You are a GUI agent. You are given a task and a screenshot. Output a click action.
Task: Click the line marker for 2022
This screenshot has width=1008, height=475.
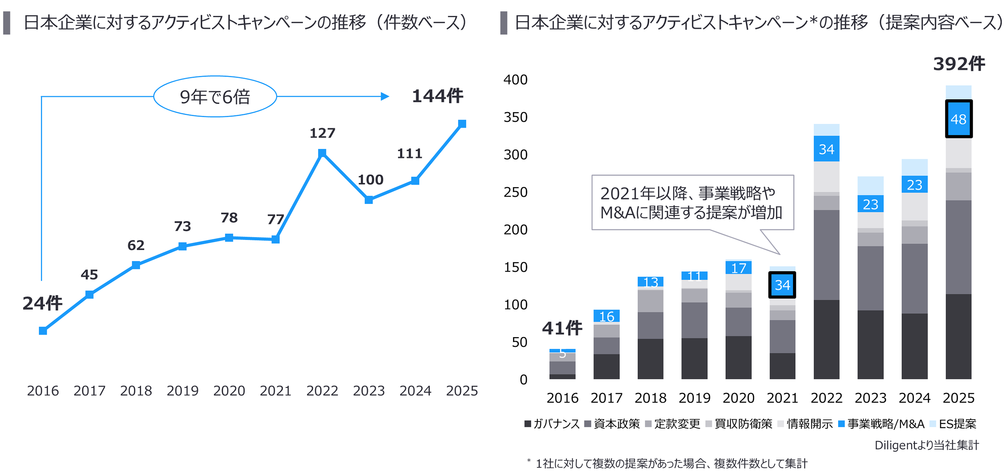[322, 153]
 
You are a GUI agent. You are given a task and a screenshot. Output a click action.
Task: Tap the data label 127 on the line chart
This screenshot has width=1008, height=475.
[323, 134]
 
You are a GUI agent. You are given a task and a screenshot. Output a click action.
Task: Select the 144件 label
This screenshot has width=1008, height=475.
[437, 96]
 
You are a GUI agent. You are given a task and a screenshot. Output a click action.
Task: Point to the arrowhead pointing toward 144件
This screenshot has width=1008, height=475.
[385, 96]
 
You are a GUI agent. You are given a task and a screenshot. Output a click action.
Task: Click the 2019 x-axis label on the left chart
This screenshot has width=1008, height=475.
[183, 390]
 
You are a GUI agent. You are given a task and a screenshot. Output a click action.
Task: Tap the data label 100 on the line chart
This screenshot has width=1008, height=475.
[370, 180]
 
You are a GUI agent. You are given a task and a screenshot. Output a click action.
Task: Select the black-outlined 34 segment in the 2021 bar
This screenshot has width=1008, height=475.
[782, 285]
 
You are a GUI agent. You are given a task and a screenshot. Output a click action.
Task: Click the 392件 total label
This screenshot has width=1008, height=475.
[958, 64]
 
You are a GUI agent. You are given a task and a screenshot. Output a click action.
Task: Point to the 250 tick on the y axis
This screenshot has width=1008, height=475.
[516, 192]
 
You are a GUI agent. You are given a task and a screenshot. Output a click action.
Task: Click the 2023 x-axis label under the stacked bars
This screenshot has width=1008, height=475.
[870, 398]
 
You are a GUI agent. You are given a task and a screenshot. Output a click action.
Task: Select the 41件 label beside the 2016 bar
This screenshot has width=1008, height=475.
[562, 328]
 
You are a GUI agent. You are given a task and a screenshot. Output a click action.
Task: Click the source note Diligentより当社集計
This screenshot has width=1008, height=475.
[926, 445]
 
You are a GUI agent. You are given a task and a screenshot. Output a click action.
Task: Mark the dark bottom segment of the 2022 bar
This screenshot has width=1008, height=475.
[826, 339]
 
